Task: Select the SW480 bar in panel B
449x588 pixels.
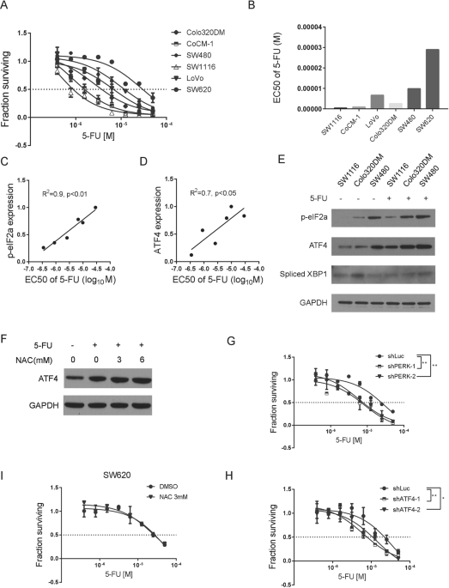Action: [391, 98]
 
